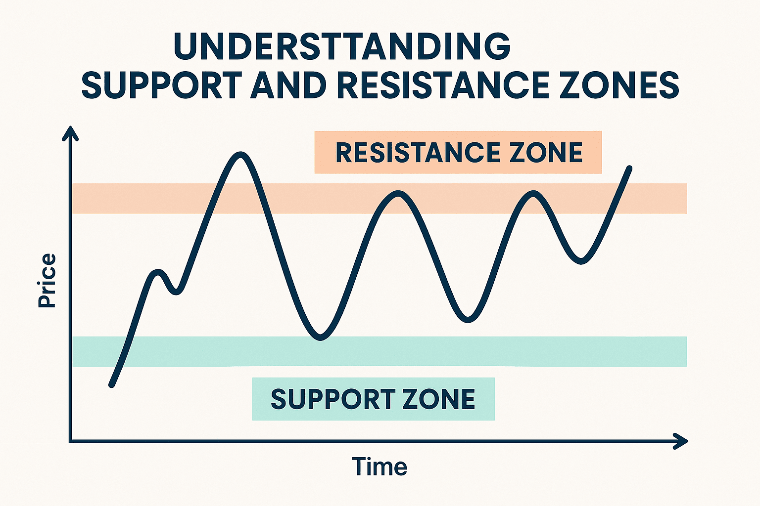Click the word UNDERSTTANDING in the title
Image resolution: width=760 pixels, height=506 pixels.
click(342, 46)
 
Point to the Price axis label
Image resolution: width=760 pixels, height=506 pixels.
click(47, 281)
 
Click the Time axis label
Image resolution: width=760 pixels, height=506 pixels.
click(380, 466)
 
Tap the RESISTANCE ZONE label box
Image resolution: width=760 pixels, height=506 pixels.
click(458, 152)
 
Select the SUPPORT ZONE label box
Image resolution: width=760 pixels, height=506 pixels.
click(373, 399)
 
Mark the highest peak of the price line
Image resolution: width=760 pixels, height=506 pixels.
click(240, 155)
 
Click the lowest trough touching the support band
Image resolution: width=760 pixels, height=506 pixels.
click(320, 337)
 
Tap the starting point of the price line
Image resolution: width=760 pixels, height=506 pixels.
click(112, 385)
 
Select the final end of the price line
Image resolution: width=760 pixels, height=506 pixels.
click(630, 168)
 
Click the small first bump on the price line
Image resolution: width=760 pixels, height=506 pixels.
click(158, 272)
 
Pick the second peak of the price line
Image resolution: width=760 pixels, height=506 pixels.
click(399, 194)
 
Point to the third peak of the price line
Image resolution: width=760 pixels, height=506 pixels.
click(533, 194)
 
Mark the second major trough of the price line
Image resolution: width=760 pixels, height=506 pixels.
click(468, 320)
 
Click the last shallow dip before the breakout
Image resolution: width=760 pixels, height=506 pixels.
click(581, 261)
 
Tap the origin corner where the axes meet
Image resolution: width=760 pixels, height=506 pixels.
click(70, 441)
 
